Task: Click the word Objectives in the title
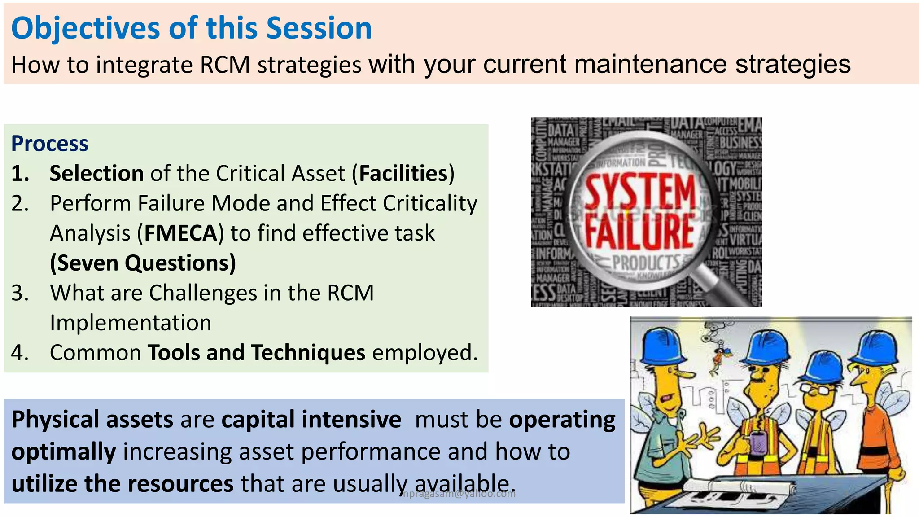[85, 28]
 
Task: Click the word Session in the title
[319, 28]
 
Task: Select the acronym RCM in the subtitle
[225, 65]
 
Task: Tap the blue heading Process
[50, 144]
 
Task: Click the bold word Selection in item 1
[96, 173]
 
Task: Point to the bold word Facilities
[403, 173]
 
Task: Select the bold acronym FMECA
[181, 233]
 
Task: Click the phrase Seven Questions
[143, 263]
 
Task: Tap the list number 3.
[19, 293]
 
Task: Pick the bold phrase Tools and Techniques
[256, 353]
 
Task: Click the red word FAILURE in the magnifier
[639, 231]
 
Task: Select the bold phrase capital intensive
[311, 420]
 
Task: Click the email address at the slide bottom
[459, 494]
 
